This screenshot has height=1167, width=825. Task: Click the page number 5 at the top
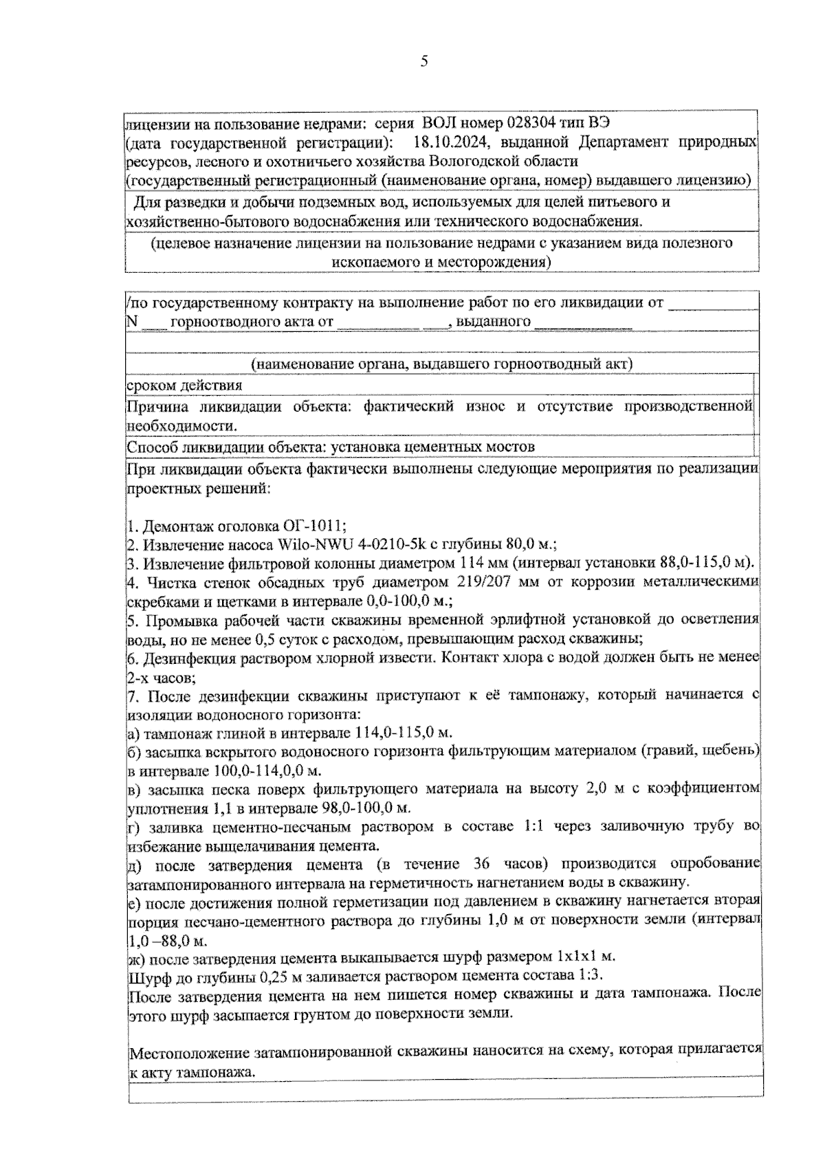click(424, 62)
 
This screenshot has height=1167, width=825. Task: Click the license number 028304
click(534, 124)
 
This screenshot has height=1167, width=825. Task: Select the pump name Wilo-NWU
click(319, 545)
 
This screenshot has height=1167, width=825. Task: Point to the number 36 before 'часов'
click(486, 863)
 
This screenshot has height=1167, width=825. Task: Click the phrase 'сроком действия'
click(184, 386)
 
